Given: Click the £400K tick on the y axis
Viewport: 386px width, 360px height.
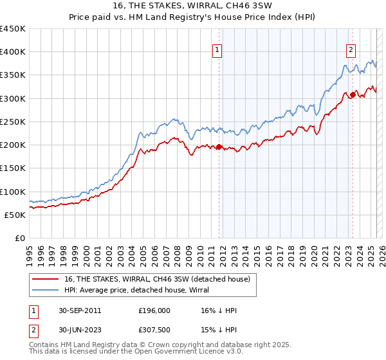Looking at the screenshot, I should point(13,52).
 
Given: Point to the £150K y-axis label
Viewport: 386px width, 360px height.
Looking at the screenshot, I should point(13,168).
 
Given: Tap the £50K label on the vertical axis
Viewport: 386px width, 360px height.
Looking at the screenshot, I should point(15,215).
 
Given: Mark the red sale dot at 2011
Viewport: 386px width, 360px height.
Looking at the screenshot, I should point(219,147).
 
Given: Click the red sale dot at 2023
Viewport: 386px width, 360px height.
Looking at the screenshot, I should point(353,95).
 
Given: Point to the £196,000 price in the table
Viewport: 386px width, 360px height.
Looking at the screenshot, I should point(154,310).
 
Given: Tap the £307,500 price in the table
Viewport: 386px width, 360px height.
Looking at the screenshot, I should point(154,330).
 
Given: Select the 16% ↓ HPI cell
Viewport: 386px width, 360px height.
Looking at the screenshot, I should point(219,310).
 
